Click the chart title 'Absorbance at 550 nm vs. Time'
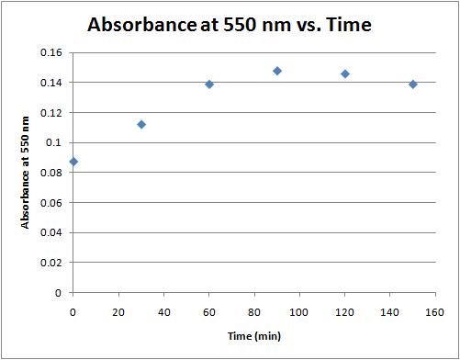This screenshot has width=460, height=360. (229, 25)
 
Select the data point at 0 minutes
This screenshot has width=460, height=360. (73, 162)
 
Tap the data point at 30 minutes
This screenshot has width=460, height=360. (141, 124)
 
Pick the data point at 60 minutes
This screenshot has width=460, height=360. (209, 84)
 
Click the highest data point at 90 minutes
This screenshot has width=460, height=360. (277, 71)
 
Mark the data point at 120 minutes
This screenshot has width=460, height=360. (345, 73)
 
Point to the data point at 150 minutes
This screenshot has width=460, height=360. (413, 84)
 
